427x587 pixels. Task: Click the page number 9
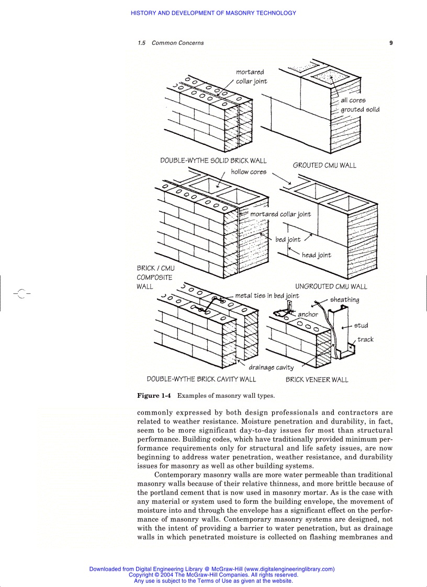tap(391, 43)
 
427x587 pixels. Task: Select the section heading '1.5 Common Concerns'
tap(171, 43)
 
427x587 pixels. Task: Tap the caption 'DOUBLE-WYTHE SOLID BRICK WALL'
tap(213, 160)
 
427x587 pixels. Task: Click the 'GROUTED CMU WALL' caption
tap(324, 165)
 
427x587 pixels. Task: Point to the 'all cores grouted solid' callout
tap(359, 105)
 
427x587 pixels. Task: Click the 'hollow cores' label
tap(249, 172)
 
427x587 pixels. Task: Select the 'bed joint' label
tap(288, 240)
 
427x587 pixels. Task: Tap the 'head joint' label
tap(316, 255)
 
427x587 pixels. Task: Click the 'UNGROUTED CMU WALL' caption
tap(331, 286)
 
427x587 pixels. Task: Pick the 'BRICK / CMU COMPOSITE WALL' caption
tap(155, 277)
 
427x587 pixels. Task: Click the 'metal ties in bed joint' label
tap(267, 296)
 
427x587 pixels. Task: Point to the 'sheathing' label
tap(344, 300)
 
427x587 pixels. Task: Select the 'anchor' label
tap(308, 315)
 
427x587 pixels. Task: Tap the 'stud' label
tap(361, 326)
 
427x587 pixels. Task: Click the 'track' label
tap(365, 340)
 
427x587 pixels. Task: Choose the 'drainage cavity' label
tap(271, 367)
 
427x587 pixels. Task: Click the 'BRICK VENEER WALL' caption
tap(317, 379)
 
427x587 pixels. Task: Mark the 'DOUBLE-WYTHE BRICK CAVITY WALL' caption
tap(201, 379)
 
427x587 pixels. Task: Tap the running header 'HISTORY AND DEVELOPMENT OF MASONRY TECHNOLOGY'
tap(213, 13)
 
